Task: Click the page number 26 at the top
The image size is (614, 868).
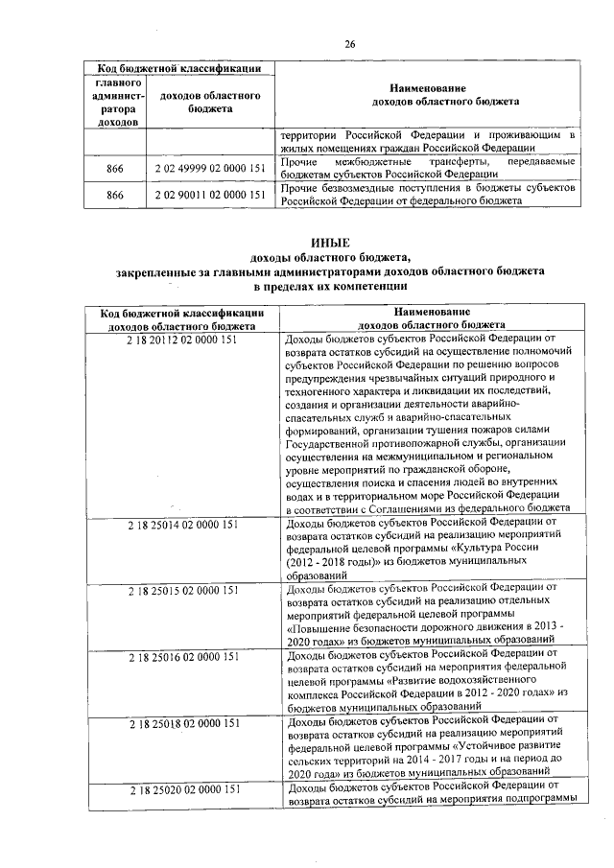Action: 350,43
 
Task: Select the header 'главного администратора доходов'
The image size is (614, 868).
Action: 115,103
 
